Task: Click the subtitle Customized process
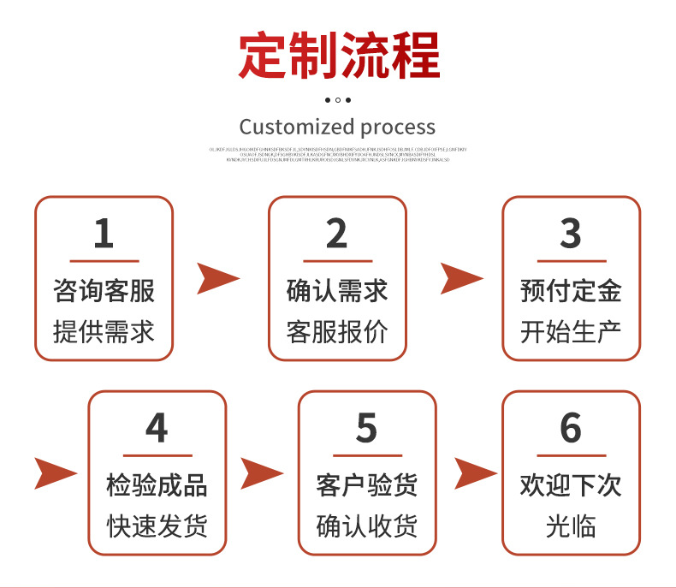(x=337, y=128)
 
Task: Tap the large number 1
(x=104, y=234)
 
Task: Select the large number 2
(x=337, y=234)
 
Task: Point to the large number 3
(x=571, y=234)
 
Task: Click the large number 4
(x=157, y=428)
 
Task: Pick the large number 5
(x=366, y=428)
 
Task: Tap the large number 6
(x=571, y=428)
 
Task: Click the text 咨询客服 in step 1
(x=104, y=290)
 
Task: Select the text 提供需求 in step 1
(x=104, y=331)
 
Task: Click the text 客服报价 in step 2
(x=337, y=331)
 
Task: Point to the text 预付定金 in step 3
(x=571, y=290)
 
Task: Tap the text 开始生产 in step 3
(x=571, y=331)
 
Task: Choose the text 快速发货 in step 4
(x=157, y=526)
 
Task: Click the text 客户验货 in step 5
(x=366, y=485)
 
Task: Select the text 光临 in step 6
(x=571, y=526)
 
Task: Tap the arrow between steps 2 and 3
(x=460, y=279)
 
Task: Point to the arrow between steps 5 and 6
(x=474, y=473)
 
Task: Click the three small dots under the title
(x=338, y=100)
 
